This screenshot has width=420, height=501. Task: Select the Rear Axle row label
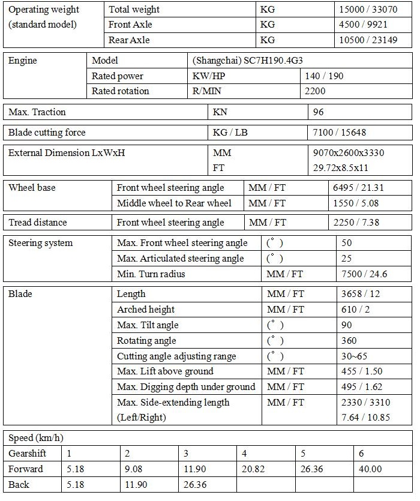point(129,40)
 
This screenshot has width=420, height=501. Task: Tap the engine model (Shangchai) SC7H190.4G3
point(251,61)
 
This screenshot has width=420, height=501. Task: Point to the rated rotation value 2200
point(317,91)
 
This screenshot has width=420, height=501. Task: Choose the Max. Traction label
point(37,112)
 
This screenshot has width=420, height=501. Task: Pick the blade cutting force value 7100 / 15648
point(341,133)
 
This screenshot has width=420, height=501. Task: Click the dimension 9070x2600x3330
point(349,153)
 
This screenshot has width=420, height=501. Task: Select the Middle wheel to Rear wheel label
point(174,203)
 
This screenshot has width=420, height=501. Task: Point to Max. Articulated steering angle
point(181,259)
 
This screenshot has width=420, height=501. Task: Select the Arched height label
point(146,310)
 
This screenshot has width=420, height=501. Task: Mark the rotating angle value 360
point(348,341)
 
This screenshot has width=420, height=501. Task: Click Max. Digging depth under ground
point(186,387)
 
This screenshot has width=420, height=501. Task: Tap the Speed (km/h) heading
point(35,437)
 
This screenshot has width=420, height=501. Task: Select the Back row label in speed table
point(19,484)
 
